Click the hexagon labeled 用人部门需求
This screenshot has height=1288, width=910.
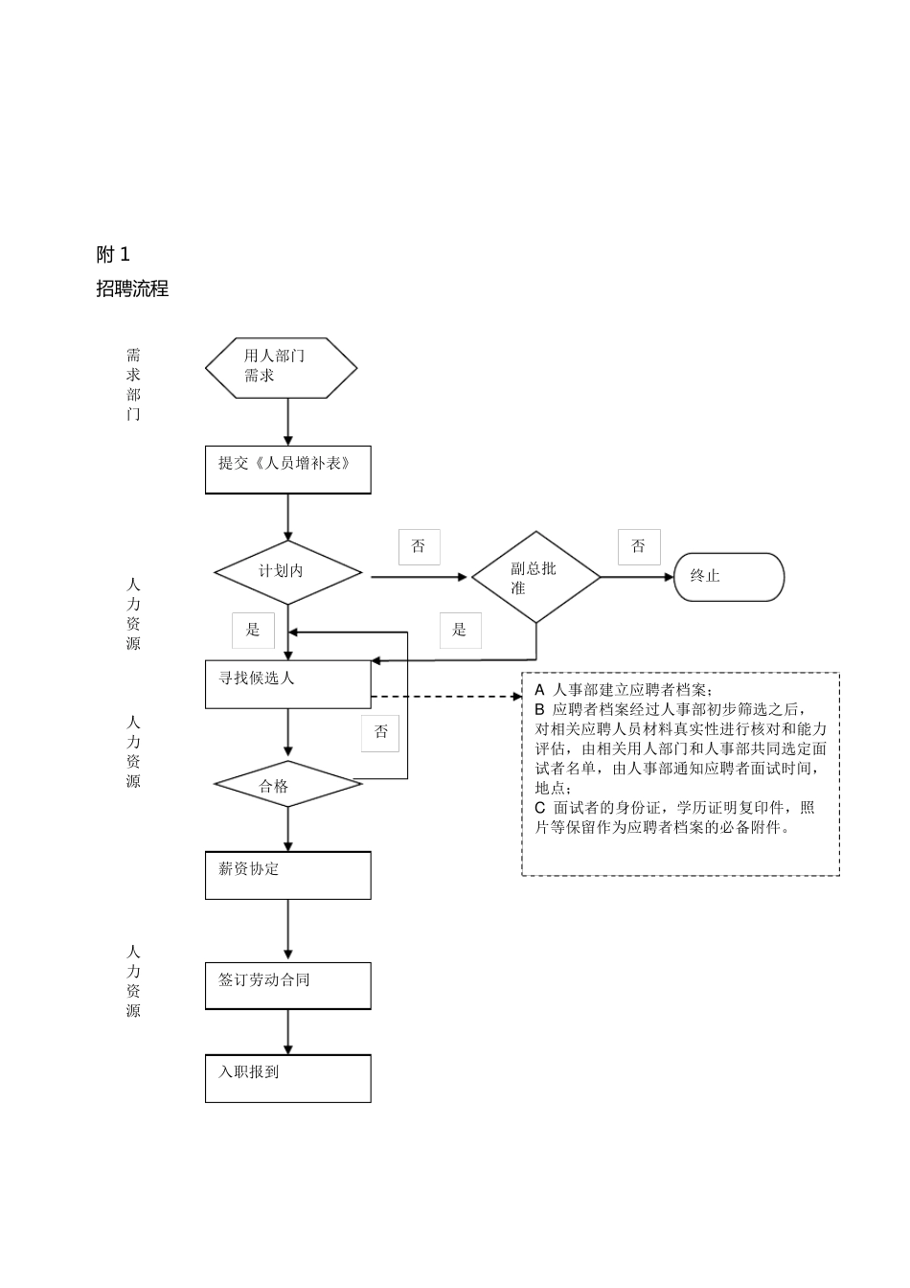281,367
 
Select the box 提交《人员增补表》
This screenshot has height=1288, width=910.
287,470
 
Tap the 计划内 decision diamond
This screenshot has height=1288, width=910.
287,572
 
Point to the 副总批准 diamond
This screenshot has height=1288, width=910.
535,577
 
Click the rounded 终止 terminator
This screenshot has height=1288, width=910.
728,577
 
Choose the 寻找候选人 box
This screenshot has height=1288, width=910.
287,684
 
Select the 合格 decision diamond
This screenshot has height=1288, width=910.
287,785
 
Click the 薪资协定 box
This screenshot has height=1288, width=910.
287,875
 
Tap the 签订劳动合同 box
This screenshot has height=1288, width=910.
287,985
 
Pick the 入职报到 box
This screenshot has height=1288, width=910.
287,1078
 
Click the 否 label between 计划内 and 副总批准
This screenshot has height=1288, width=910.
419,546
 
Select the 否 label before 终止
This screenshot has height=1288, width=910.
638,546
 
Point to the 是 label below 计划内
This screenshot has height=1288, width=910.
253,630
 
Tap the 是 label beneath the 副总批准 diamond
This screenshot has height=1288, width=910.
460,630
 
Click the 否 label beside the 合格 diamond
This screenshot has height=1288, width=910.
381,732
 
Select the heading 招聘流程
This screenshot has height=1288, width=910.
132,288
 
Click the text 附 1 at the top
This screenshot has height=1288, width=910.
113,254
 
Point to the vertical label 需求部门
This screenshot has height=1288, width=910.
133,384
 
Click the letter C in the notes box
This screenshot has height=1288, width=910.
540,808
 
